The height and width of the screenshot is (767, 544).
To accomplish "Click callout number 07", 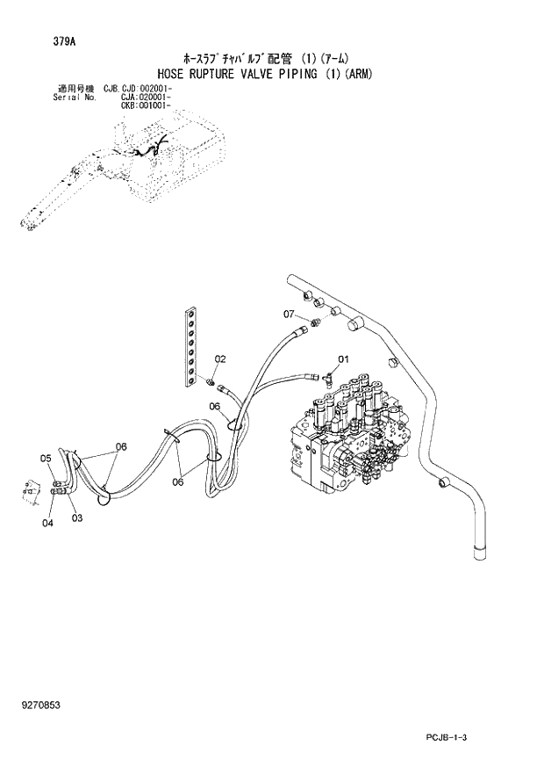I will (x=289, y=314).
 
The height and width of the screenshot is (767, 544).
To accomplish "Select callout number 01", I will (x=343, y=358).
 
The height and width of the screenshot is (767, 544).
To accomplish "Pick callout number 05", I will (x=46, y=458).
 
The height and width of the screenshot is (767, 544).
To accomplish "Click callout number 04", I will (x=47, y=523).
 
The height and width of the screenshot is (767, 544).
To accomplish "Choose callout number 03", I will (x=77, y=517).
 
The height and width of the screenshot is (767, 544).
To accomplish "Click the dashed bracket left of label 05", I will (x=32, y=490).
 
